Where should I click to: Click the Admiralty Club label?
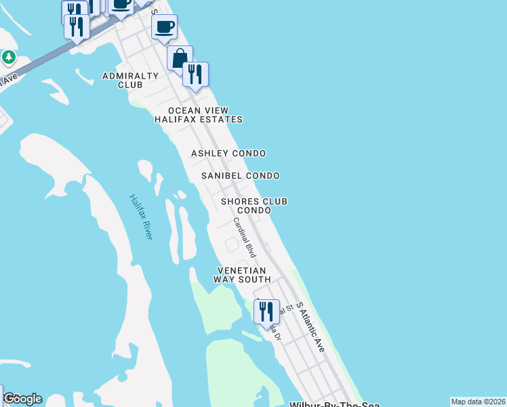pyautogui.click(x=130, y=80)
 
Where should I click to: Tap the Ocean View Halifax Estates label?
pyautogui.click(x=198, y=115)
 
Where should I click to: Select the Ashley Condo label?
pyautogui.click(x=228, y=153)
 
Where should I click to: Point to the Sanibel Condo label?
pyautogui.click(x=241, y=176)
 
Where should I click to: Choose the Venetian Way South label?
pyautogui.click(x=242, y=275)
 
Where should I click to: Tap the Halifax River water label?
pyautogui.click(x=141, y=216)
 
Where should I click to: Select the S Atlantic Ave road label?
pyautogui.click(x=310, y=326)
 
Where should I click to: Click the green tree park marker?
pyautogui.click(x=9, y=57)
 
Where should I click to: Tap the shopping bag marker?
pyautogui.click(x=180, y=59)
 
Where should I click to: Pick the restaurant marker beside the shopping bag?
pyautogui.click(x=195, y=75)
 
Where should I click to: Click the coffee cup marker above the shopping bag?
pyautogui.click(x=164, y=28)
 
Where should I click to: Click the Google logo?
pyautogui.click(x=22, y=399)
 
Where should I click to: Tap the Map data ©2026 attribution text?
pyautogui.click(x=478, y=402)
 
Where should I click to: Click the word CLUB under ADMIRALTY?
pyautogui.click(x=130, y=85)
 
